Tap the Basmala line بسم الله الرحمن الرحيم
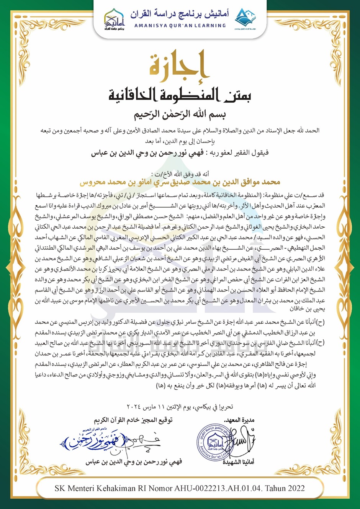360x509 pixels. [x=180, y=114]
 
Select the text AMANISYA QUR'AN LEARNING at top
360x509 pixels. [x=180, y=26]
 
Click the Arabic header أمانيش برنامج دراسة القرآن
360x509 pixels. [x=180, y=15]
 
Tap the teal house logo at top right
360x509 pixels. [x=245, y=18]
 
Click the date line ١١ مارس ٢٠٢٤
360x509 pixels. [x=180, y=407]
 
